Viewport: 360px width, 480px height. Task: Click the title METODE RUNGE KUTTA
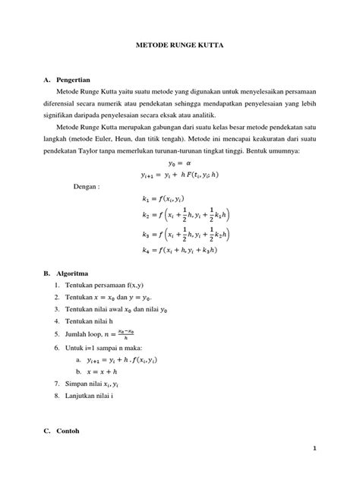tap(179, 46)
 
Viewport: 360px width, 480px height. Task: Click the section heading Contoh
tap(68, 431)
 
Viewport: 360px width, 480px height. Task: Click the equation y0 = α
tap(180, 162)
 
